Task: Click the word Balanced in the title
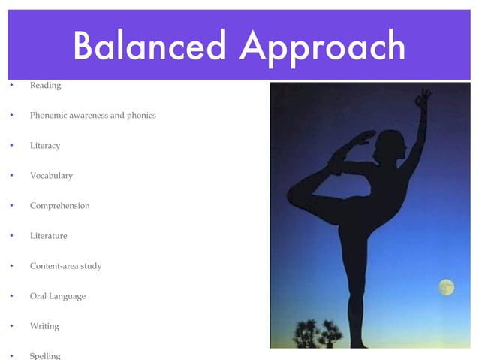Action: (150, 47)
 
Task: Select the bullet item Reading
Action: (45, 86)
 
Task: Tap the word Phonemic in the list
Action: (50, 116)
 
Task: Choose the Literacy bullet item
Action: (44, 146)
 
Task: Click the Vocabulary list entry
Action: (51, 176)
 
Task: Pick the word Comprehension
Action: (59, 206)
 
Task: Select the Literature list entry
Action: (48, 236)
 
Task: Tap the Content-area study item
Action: (65, 266)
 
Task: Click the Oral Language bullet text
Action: (57, 296)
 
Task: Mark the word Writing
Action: (44, 326)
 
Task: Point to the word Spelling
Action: (45, 355)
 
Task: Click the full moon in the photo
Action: (446, 287)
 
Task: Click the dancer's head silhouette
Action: (390, 144)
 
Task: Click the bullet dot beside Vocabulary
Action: (11, 176)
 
